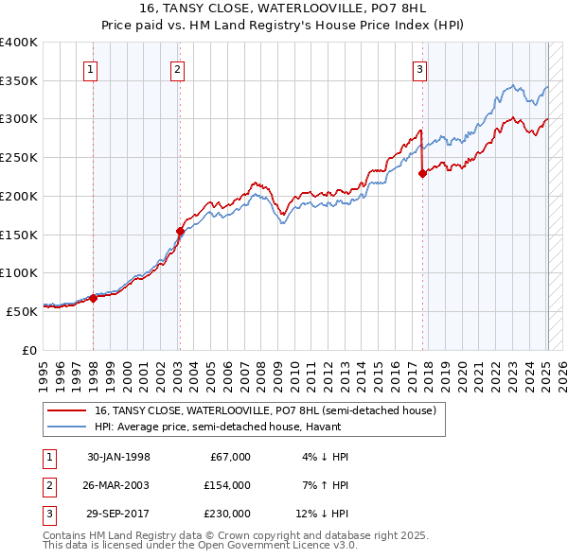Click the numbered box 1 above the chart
[x=91, y=67]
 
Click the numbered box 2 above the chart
[x=178, y=67]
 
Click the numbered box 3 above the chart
[x=419, y=67]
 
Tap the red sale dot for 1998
[x=94, y=298]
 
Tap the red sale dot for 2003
[x=180, y=230]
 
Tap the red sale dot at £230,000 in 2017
[x=423, y=172]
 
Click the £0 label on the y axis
[x=27, y=349]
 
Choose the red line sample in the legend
[x=67, y=410]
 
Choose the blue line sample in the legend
[x=67, y=427]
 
